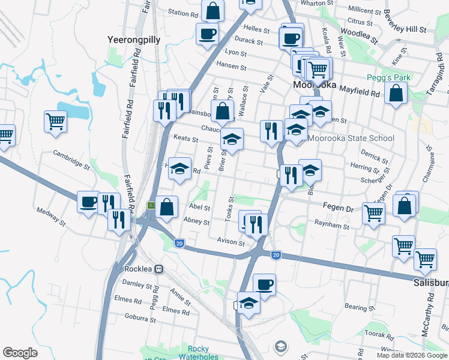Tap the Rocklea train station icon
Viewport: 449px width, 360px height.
pos(159,269)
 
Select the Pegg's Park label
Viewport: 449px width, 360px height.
pos(388,78)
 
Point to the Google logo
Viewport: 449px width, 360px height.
pos(20,353)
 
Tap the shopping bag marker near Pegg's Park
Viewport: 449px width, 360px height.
pos(396,94)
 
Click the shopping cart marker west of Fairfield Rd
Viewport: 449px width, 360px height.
pos(55,121)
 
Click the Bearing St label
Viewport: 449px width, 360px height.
pos(360,307)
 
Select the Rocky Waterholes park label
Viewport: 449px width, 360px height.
pos(203,353)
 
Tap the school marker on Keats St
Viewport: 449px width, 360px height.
pos(232,140)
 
